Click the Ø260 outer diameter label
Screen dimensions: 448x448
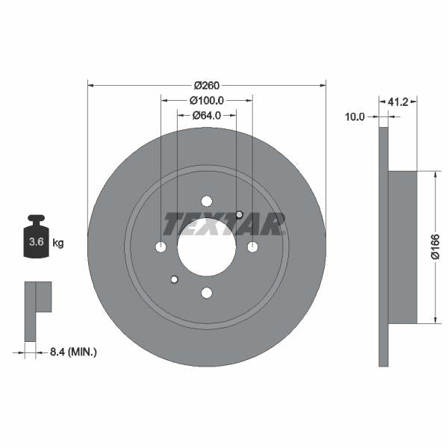(x=206, y=85)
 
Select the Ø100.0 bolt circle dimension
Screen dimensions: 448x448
(x=207, y=100)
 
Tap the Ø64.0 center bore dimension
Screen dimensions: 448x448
(x=207, y=115)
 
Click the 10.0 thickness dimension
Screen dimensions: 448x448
(x=355, y=116)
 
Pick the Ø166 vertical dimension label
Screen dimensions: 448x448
(x=435, y=247)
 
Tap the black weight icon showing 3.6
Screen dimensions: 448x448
(x=35, y=239)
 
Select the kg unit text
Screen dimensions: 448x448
(x=58, y=243)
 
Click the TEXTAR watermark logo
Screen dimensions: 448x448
(x=224, y=223)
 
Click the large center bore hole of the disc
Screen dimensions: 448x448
(x=207, y=247)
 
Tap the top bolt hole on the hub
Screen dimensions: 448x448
(x=207, y=201)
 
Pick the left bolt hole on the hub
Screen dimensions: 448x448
(x=161, y=247)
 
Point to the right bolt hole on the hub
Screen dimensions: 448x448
(x=253, y=247)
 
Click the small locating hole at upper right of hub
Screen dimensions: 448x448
(x=239, y=215)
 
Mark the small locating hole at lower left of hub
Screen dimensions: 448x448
(x=174, y=280)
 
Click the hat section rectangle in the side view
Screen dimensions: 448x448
(x=402, y=247)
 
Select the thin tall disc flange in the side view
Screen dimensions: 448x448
(x=384, y=247)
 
